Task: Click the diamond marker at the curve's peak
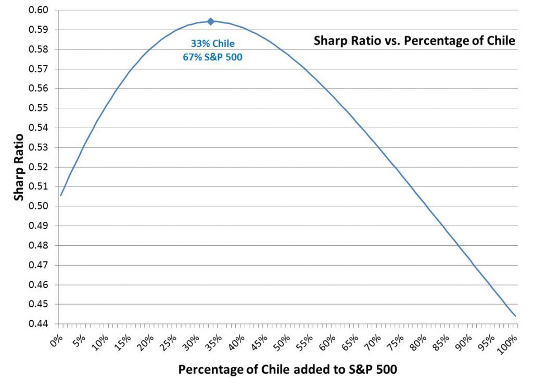point(210,21)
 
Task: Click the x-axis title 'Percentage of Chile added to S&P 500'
point(288,370)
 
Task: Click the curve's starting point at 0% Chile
point(61,195)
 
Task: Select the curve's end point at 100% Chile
point(515,316)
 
